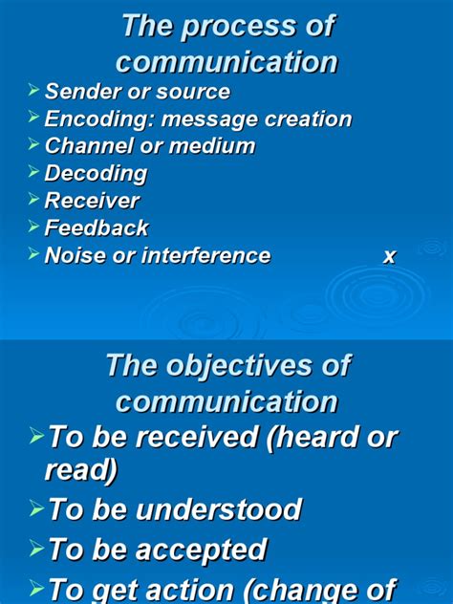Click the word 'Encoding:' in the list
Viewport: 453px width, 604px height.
[98, 119]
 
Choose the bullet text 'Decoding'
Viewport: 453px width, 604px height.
[96, 174]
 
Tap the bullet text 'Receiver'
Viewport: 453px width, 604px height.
[92, 201]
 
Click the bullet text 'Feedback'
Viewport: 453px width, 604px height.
[97, 227]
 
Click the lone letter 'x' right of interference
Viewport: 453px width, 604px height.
[389, 256]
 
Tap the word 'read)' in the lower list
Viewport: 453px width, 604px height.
[81, 469]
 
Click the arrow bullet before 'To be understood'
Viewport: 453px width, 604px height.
[36, 507]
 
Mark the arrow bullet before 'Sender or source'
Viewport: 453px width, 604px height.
[34, 91]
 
